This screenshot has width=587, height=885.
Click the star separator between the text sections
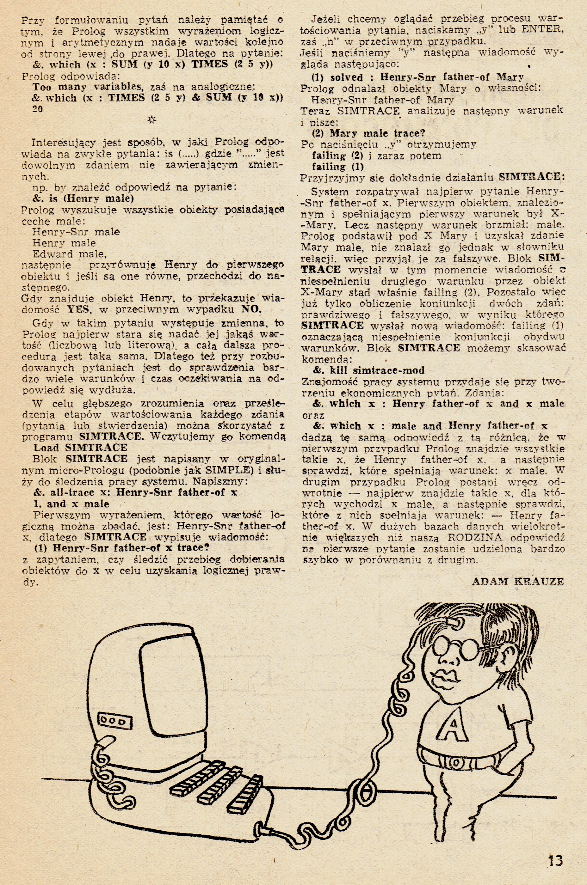(152, 120)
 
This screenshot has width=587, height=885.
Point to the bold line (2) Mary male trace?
(368, 133)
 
